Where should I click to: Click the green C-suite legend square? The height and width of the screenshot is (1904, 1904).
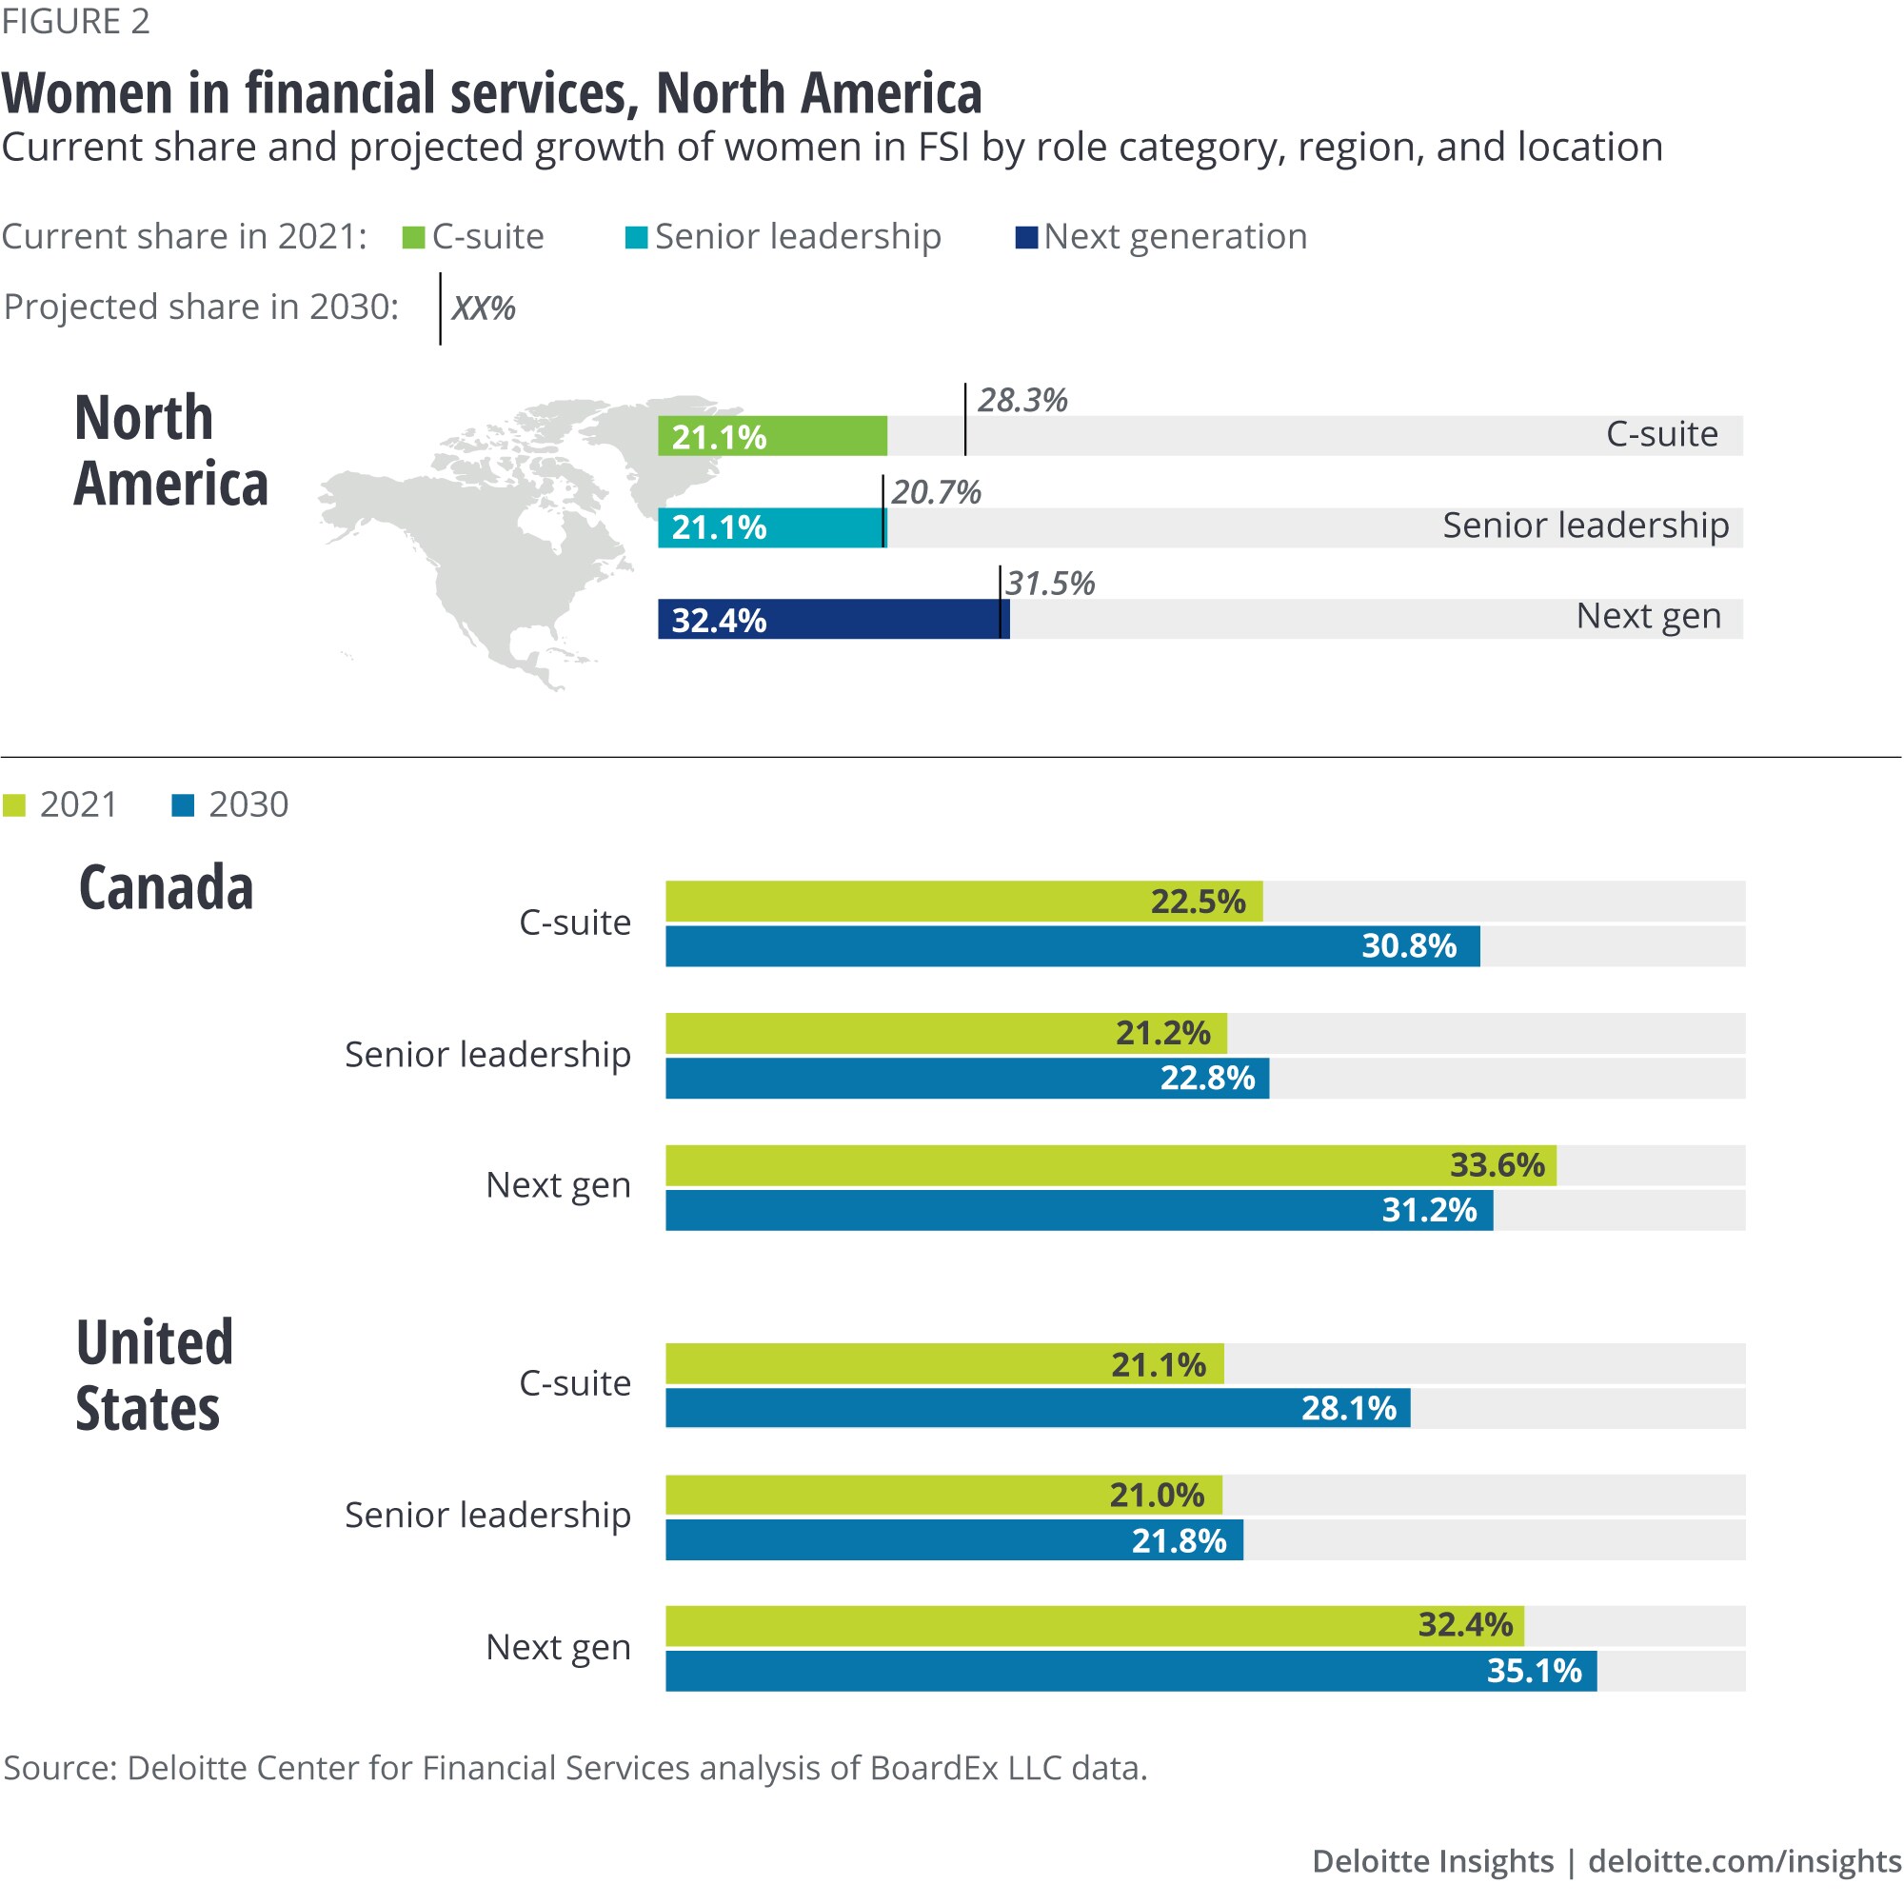click(414, 237)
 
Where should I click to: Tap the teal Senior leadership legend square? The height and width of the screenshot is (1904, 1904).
click(637, 237)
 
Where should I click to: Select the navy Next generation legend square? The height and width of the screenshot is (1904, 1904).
click(1027, 237)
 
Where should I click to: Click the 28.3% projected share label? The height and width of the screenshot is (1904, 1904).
click(1021, 400)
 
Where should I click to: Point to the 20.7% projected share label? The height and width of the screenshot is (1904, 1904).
click(936, 492)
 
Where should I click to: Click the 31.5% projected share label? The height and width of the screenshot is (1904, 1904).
click(1049, 584)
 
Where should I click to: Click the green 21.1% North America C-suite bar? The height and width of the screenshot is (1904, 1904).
click(773, 437)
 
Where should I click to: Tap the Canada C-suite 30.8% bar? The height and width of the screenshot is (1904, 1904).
click(1072, 946)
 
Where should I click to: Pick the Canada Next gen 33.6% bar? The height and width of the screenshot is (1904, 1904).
click(1111, 1166)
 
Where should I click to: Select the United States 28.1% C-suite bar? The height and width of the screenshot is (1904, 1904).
click(1038, 1408)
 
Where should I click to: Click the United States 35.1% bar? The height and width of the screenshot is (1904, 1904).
click(1130, 1672)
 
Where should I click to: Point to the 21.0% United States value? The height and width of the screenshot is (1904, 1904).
click(1157, 1496)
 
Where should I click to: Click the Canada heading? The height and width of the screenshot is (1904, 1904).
click(167, 888)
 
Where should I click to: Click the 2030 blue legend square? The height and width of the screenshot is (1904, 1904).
click(184, 806)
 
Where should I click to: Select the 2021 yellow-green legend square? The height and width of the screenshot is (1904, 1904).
click(13, 806)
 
